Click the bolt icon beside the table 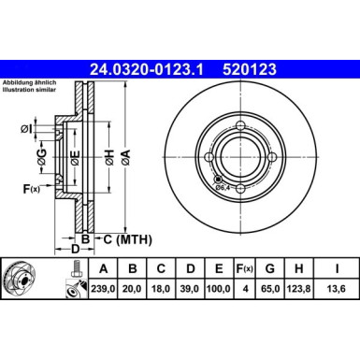click(70, 279)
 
